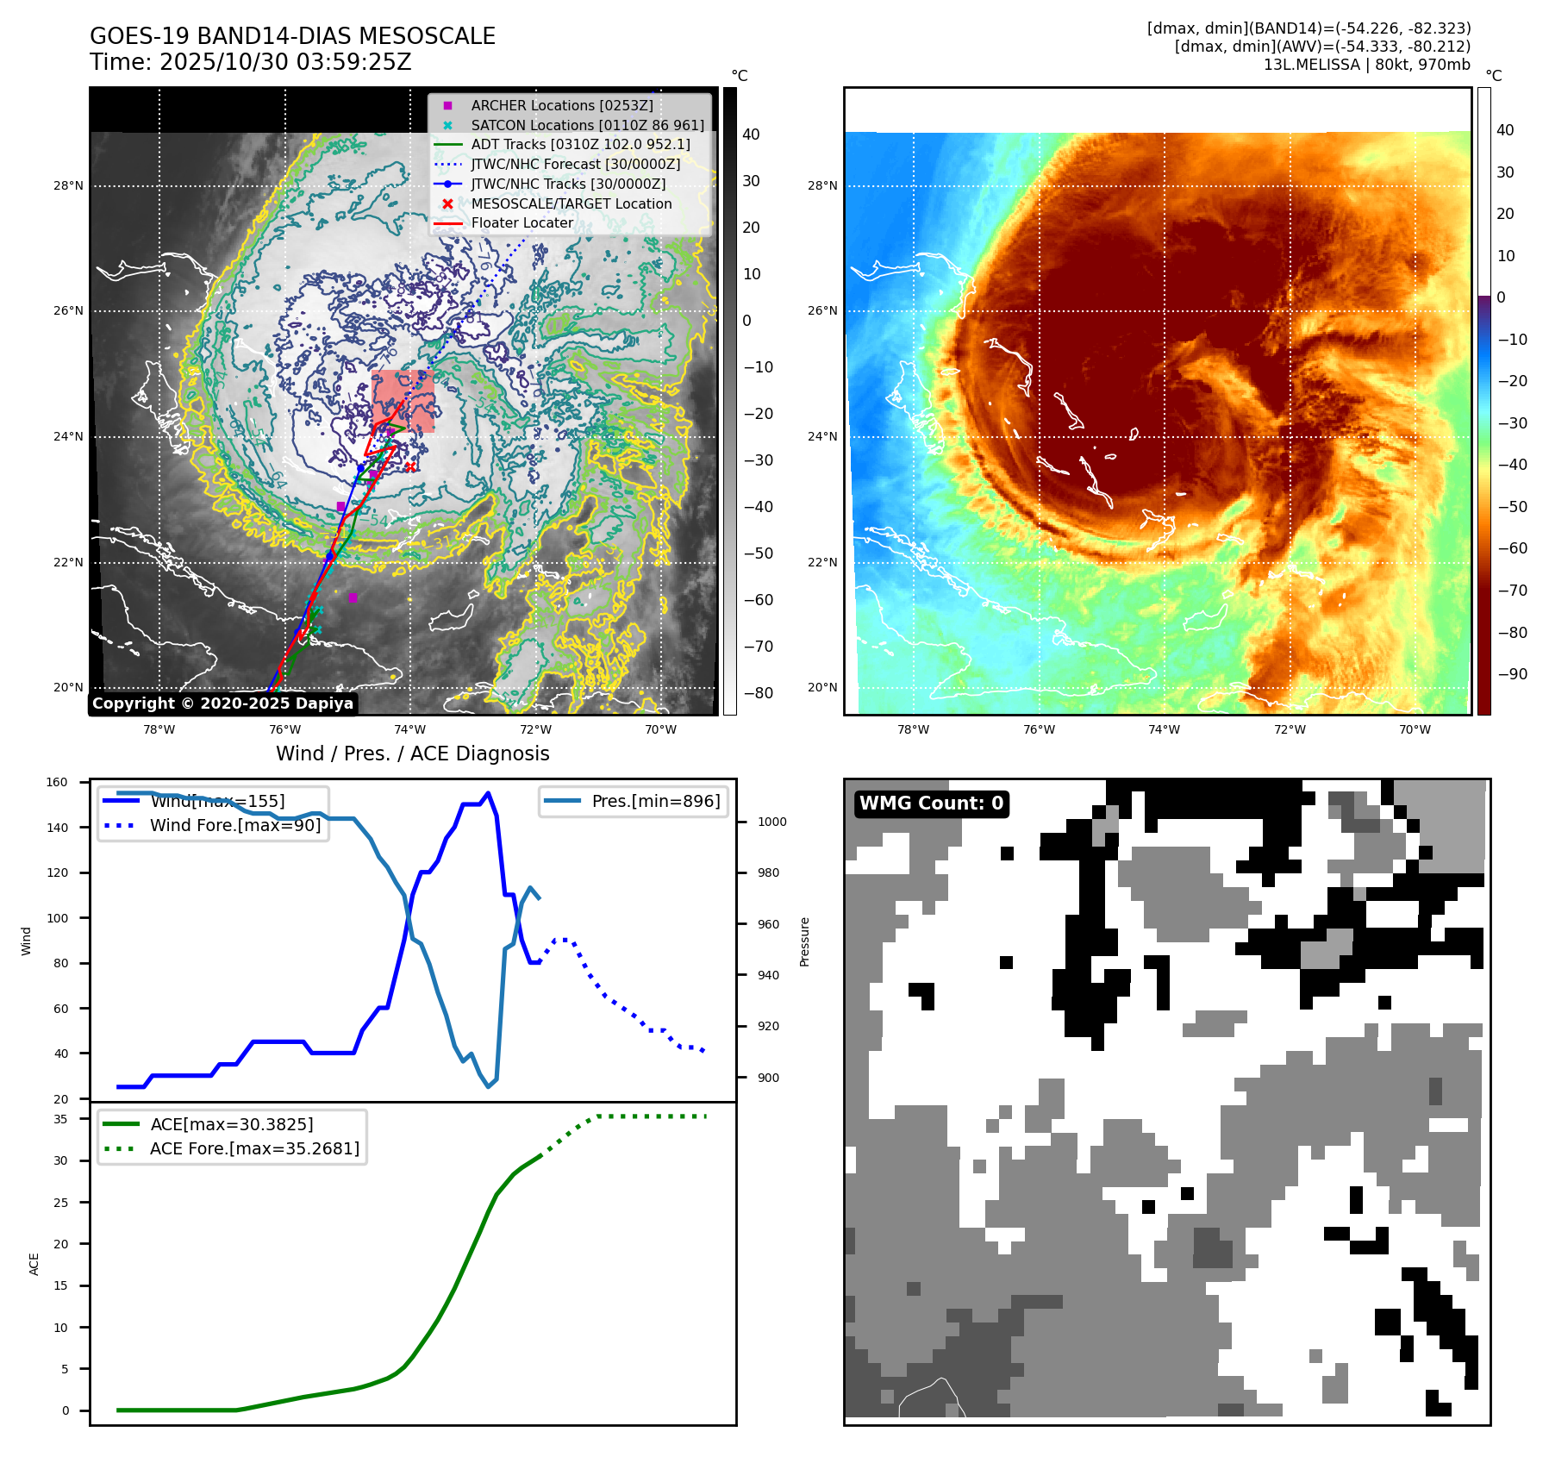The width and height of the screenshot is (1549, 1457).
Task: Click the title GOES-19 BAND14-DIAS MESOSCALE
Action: (292, 36)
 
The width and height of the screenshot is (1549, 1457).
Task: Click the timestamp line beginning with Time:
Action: (250, 62)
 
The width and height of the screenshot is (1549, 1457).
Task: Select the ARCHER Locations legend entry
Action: (561, 105)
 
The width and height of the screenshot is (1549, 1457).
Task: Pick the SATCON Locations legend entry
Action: (587, 125)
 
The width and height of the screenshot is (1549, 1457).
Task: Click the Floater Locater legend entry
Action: (522, 222)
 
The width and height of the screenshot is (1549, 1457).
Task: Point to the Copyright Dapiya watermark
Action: (222, 703)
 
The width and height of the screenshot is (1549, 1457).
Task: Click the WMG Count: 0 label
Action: (931, 804)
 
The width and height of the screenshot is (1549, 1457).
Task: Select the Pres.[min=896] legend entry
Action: (655, 801)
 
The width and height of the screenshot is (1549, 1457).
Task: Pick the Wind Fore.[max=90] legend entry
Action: (234, 825)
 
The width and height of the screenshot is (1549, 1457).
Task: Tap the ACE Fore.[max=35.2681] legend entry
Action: (254, 1148)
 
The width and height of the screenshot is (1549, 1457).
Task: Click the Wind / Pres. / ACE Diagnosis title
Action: (412, 754)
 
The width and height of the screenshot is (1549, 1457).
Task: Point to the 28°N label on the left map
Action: (68, 185)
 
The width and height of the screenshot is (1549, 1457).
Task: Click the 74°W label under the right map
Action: (1164, 729)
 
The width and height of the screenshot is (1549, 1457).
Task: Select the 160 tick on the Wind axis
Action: (57, 782)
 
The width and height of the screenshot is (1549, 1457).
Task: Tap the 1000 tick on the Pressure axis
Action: (771, 822)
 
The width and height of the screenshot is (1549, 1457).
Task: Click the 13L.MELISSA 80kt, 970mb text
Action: (1366, 65)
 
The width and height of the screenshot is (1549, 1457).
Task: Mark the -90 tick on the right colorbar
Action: (1512, 673)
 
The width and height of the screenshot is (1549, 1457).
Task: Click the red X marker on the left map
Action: (410, 467)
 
